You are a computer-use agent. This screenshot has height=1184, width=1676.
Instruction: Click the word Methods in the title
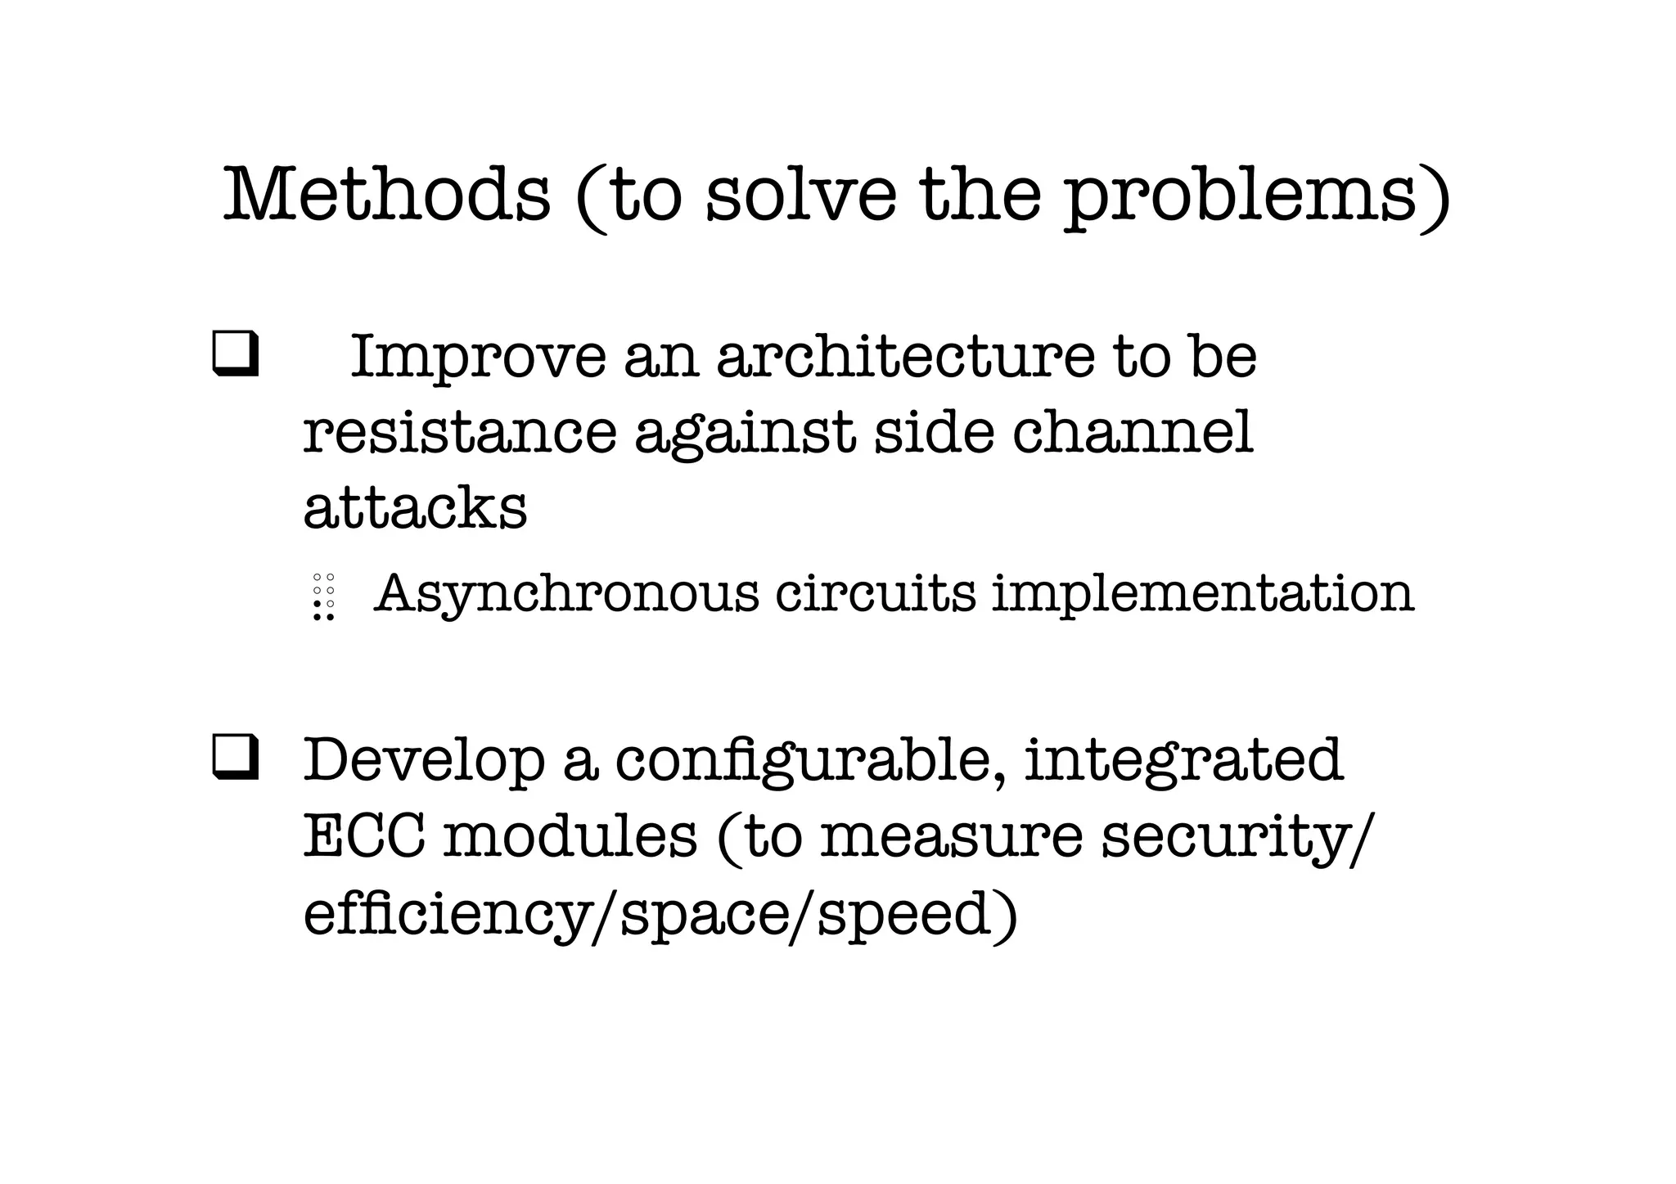(386, 195)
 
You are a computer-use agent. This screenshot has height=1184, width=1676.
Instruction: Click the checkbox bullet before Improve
(236, 354)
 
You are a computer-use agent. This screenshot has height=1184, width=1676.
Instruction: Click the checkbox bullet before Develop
(236, 757)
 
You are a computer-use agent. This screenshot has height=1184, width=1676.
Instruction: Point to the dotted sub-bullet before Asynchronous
(324, 597)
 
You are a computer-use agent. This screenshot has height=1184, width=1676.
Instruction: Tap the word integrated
(1183, 761)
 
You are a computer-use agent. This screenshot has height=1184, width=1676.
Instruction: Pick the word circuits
(876, 592)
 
